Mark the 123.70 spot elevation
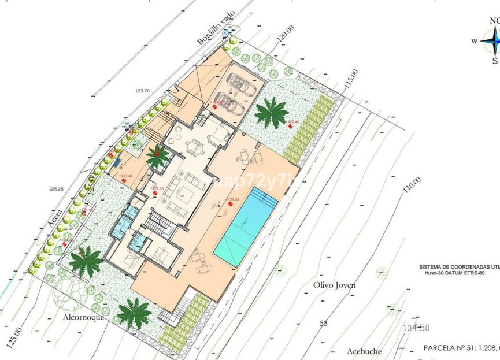142,91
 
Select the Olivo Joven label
334,285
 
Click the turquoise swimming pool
246,226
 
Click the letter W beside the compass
474,41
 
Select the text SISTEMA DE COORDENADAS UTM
459,267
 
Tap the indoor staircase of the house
158,222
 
